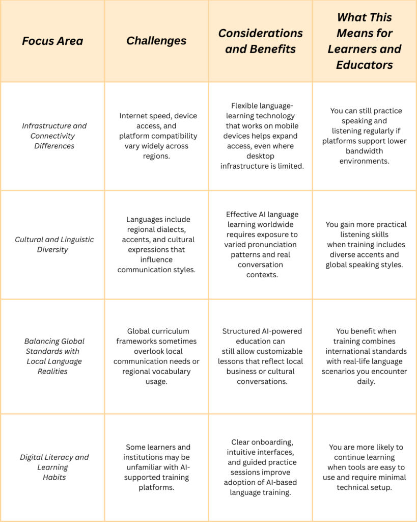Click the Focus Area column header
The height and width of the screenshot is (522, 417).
coord(52,41)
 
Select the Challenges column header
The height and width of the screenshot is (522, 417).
coord(156,41)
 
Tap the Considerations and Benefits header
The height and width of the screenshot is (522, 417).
coord(260,41)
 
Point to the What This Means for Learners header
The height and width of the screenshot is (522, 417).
coord(365,41)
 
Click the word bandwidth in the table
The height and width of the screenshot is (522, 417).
coord(364,151)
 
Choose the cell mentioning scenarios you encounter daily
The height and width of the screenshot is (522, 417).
coord(365,356)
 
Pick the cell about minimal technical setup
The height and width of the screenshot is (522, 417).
coord(365,467)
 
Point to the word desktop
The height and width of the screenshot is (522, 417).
coord(260,156)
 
